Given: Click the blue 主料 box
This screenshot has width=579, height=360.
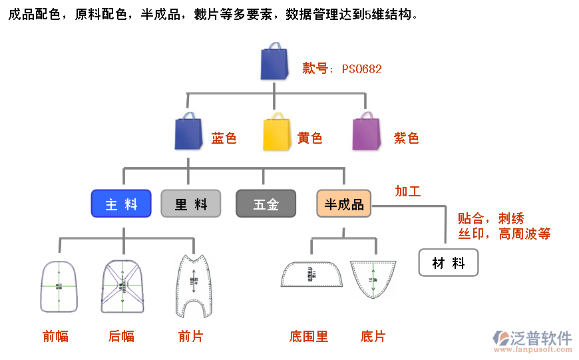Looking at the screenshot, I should coord(121,204).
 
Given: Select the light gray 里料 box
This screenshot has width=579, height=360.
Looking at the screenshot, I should coord(191,204).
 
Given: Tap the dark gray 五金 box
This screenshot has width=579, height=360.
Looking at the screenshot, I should coord(266,204).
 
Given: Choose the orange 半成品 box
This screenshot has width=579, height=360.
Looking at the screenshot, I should coord(344,204).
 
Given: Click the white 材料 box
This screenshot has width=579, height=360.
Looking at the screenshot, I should coord(449,263).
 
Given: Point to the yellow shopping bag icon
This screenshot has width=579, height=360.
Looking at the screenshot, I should coord(277,132).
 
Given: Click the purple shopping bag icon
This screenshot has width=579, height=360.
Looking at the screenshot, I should coord(366,131).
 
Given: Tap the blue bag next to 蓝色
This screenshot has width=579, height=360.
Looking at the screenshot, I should coord(188,131).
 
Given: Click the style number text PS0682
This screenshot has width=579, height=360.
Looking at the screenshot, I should coord(362,69).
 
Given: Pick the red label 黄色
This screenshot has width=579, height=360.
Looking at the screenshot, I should coord(310,138).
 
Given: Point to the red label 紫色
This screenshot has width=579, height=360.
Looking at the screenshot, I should coord(407,138).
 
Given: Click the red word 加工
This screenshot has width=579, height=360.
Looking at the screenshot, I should coord(408,192).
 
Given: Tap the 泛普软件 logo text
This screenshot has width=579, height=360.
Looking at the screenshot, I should coord(540,337).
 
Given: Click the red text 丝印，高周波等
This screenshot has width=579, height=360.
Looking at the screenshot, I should coord(504,234).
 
